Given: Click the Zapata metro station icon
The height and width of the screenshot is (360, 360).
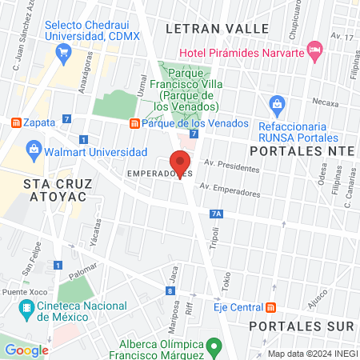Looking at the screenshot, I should pos(14,122).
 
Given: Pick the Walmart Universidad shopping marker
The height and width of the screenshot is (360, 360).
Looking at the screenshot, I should pos(34,148).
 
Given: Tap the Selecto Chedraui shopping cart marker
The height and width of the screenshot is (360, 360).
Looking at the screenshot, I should pos(62,50).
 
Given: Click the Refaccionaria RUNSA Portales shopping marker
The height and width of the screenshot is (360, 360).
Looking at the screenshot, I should pos(277,103).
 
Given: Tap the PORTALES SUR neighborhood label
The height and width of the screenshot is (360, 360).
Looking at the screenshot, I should pos(300,326).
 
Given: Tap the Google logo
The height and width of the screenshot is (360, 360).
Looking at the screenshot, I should pos(26,350).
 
